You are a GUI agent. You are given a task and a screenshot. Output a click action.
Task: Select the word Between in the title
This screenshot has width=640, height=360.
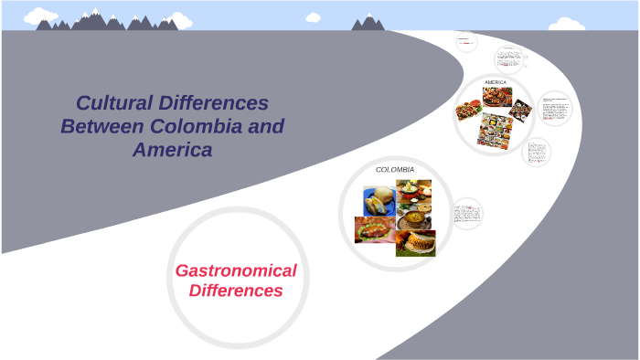[105, 126]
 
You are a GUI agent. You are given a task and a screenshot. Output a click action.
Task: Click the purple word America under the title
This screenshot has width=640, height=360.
[173, 149]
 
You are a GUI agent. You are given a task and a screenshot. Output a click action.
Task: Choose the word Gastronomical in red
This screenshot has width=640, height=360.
[236, 270]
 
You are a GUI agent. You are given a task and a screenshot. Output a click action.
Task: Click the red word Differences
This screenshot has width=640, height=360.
[236, 291]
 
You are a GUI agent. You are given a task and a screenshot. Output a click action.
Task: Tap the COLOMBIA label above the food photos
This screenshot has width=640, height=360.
[395, 170]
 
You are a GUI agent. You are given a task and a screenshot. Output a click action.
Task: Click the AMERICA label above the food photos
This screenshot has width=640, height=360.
[495, 82]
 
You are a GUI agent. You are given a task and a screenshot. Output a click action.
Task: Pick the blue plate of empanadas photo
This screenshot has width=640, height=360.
[379, 201]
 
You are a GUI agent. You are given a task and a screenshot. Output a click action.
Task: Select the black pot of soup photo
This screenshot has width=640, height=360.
[415, 217]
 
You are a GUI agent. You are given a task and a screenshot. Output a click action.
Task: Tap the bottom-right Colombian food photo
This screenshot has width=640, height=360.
[415, 243]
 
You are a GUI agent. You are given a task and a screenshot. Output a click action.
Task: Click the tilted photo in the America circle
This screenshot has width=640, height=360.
[519, 111]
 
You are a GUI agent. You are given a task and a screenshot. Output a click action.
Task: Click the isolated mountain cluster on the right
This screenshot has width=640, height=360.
[368, 23]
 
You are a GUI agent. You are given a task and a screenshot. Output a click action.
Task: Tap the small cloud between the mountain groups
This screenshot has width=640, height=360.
[314, 16]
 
